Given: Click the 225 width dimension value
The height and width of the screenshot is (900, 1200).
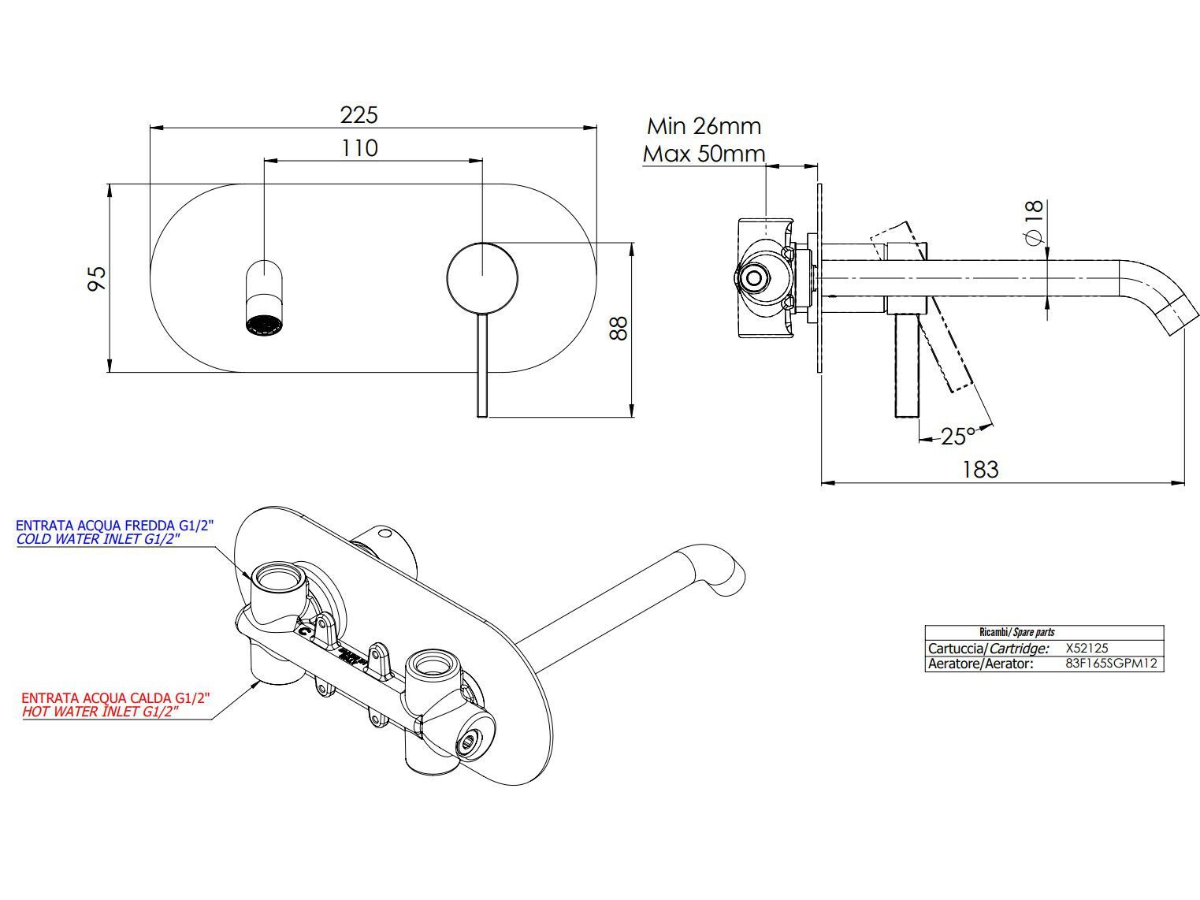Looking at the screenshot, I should [359, 115].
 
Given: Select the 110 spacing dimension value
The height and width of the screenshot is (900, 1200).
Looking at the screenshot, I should [359, 148].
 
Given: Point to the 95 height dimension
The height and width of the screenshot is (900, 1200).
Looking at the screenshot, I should [97, 278].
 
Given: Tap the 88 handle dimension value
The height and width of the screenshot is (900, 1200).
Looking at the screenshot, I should [620, 327].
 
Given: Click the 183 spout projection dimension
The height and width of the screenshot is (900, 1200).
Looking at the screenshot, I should [980, 470].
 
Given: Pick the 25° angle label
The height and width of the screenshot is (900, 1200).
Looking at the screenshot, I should [958, 436].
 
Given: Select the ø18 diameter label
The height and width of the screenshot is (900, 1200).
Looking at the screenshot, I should [1033, 221].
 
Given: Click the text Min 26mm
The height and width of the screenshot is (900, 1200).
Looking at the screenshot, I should [704, 126].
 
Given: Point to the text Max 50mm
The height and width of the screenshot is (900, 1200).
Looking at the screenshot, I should [704, 154].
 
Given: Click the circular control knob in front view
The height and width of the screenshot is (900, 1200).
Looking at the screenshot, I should [482, 277].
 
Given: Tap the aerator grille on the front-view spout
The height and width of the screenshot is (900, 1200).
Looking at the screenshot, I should [263, 325].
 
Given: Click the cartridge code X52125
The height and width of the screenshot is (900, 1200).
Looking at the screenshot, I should [1087, 649].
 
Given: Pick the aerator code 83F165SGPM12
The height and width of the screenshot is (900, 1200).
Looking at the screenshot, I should [1110, 664].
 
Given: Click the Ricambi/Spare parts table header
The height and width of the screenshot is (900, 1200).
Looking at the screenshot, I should [1016, 632].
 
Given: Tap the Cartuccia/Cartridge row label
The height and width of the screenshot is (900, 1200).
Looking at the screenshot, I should [989, 649].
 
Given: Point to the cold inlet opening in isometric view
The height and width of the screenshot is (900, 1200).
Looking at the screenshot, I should [275, 580].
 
